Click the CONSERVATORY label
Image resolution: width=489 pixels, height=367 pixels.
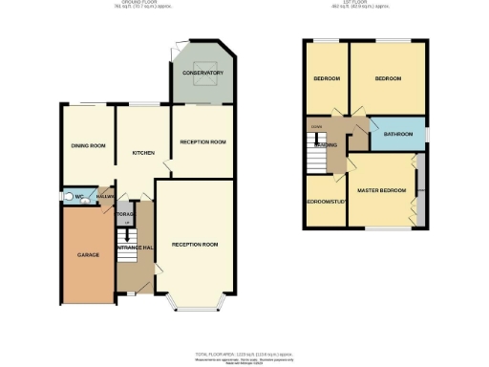click(202, 73)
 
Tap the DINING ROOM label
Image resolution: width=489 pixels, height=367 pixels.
click(87, 145)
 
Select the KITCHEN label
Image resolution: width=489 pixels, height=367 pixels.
click(143, 152)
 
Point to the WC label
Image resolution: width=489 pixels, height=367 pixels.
click(79, 198)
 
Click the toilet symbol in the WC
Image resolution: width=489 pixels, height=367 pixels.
click(68, 198)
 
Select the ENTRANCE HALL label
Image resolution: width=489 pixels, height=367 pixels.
click(135, 248)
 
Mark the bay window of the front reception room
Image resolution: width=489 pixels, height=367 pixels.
click(195, 303)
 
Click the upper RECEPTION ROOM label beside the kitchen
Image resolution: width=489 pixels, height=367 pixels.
click(202, 141)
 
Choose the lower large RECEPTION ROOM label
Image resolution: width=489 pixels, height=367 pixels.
click(195, 245)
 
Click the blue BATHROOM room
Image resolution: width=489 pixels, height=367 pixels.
click(397, 135)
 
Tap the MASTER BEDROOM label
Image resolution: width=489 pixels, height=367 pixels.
click(381, 190)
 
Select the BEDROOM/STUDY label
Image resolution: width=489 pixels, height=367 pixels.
click(325, 202)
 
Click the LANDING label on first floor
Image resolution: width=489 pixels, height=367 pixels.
click(326, 145)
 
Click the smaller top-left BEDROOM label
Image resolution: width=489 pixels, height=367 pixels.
click(327, 78)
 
